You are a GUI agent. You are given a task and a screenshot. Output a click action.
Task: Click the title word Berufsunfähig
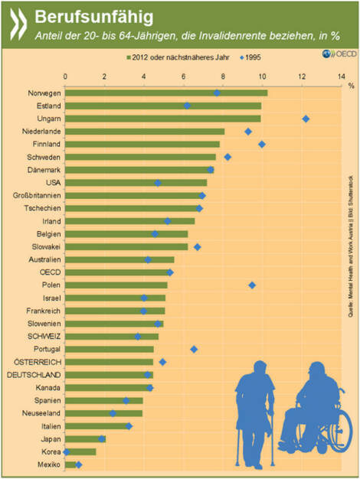click(91, 15)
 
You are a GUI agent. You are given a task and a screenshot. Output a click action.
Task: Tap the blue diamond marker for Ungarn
click(306, 119)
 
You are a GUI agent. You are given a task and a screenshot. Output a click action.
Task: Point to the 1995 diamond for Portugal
click(194, 349)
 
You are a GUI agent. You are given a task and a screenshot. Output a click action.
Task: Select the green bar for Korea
click(80, 451)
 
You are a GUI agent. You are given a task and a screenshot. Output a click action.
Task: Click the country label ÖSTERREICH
click(36, 362)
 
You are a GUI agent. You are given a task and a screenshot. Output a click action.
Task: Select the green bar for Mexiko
click(70, 464)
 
